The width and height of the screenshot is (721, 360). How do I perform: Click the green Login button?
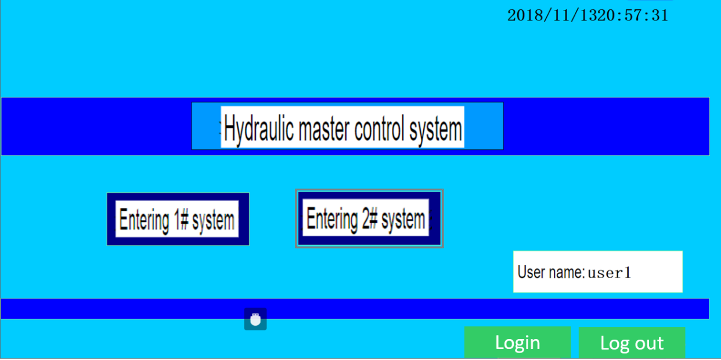[x=518, y=342]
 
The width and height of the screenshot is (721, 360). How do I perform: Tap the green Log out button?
[x=632, y=343]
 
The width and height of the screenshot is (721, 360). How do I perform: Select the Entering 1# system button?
[x=178, y=219]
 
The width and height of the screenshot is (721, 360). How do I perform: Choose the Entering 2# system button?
[x=369, y=218]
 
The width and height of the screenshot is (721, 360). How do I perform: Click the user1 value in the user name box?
[x=610, y=273]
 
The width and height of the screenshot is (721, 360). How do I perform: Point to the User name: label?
[x=551, y=272]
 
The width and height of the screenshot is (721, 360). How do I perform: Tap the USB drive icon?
[x=255, y=319]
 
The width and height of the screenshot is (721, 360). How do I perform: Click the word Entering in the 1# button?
[x=144, y=221]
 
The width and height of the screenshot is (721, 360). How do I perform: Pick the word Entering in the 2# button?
[x=332, y=219]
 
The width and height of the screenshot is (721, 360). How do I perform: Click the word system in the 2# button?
[x=403, y=219]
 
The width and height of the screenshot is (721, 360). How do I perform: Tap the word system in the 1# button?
[x=213, y=221]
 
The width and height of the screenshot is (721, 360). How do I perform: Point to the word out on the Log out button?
[x=650, y=343]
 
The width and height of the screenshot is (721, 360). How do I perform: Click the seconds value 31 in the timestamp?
[x=660, y=16]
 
